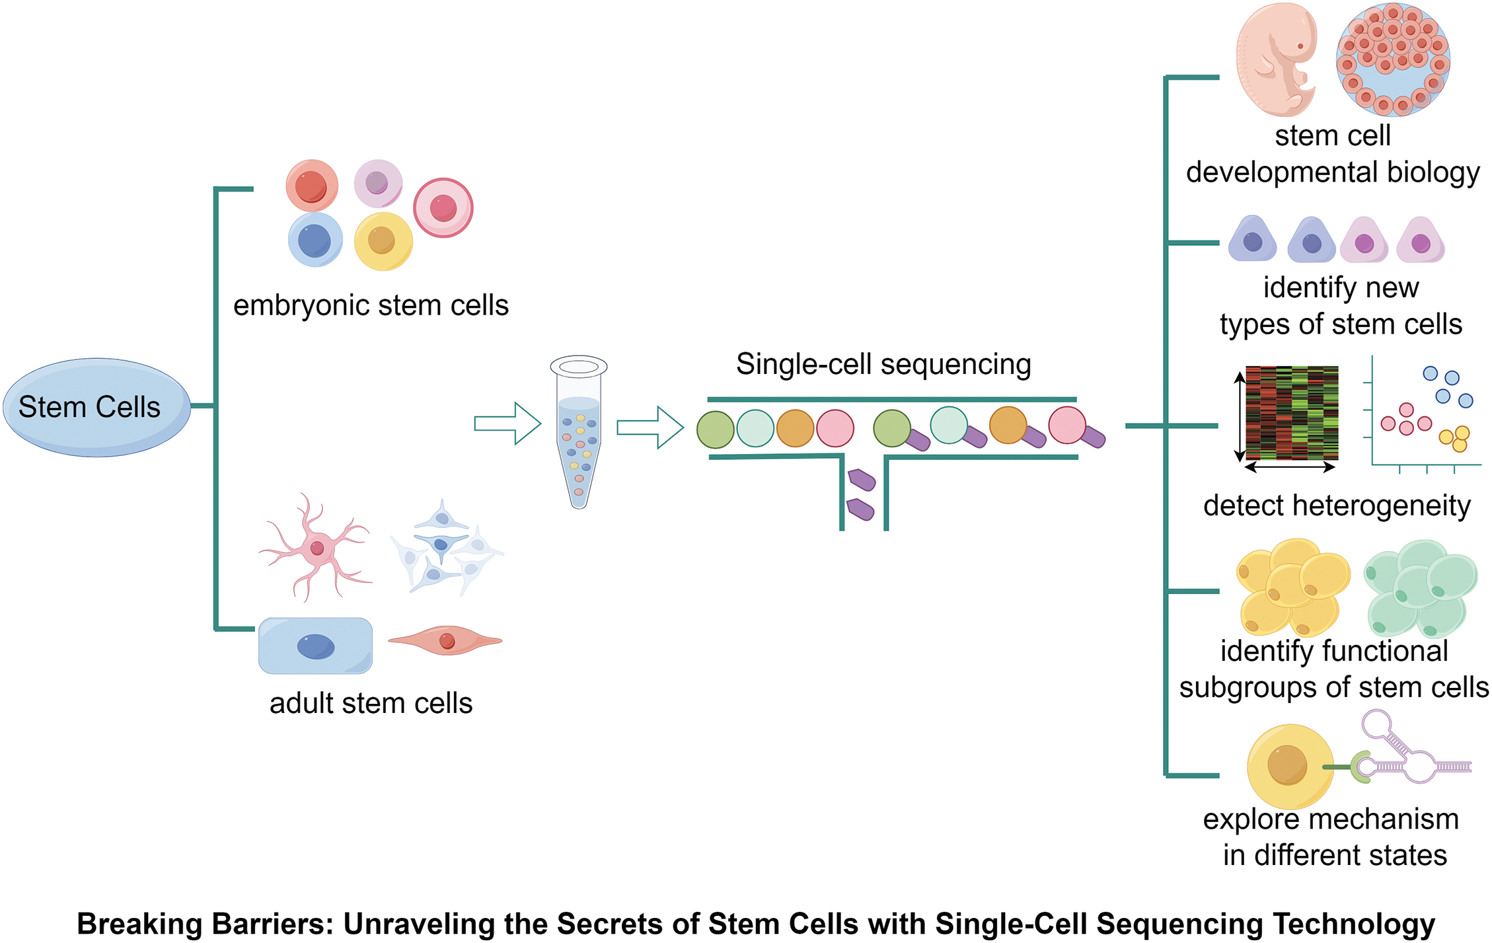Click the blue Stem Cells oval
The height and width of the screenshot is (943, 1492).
tap(96, 407)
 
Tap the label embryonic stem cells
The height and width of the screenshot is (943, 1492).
tap(371, 306)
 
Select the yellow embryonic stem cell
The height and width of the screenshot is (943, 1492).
tap(383, 241)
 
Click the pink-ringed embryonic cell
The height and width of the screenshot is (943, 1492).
tap(443, 208)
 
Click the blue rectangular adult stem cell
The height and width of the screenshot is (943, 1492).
tap(315, 646)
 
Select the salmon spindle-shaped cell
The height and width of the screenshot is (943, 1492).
tap(446, 640)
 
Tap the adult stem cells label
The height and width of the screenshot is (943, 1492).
tap(371, 703)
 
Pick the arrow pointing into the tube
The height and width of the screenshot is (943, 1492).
tap(507, 424)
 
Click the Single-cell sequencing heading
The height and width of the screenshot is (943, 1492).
tap(883, 364)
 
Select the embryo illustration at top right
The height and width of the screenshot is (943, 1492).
tap(1276, 59)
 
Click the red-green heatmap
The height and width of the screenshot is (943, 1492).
tap(1292, 413)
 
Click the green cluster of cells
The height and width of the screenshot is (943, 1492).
tap(1421, 588)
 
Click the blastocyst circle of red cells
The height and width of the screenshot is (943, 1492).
tap(1393, 59)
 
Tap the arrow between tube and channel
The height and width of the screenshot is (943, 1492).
tap(650, 428)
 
